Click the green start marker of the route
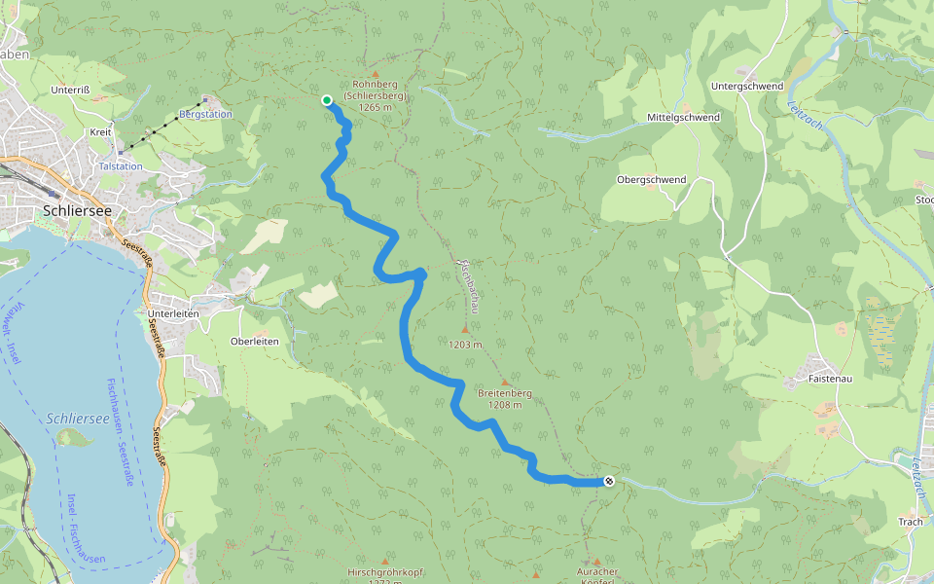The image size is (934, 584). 327,99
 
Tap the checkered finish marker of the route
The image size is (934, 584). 609,480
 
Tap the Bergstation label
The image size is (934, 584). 206,115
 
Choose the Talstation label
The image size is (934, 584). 121,166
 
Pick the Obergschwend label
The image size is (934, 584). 651,180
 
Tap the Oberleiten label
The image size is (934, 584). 254,342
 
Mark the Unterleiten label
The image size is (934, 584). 173,314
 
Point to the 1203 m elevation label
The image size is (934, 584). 466,345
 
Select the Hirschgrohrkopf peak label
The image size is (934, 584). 386,572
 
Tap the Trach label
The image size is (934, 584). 910,522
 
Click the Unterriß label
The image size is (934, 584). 70,90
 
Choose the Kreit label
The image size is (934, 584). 100,131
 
